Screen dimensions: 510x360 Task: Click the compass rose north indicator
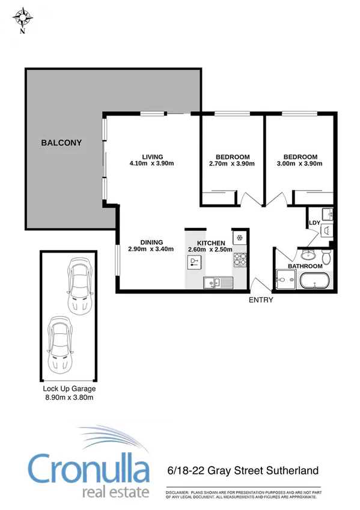click(x=22, y=18)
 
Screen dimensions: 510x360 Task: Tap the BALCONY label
click(x=61, y=143)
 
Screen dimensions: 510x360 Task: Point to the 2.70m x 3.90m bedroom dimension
click(x=231, y=164)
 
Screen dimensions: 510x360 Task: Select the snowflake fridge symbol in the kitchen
click(x=240, y=237)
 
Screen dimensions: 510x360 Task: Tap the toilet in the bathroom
click(x=325, y=257)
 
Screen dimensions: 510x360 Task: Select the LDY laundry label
click(x=313, y=223)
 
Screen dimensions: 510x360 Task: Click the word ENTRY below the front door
click(x=261, y=300)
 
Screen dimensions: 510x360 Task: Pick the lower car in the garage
click(x=59, y=345)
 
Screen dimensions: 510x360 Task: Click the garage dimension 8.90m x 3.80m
click(x=69, y=397)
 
